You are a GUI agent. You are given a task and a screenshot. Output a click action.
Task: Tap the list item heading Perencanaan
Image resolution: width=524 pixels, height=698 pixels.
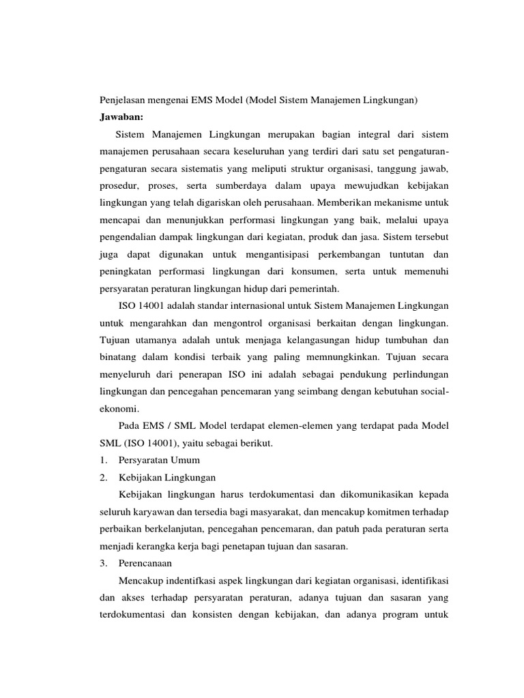145,564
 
